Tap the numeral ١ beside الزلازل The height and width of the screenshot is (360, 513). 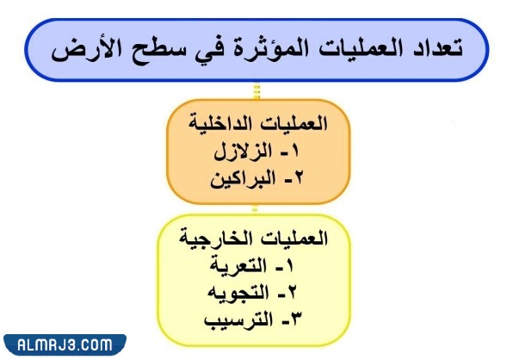tap(293, 154)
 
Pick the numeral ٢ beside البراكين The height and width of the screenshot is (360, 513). tap(293, 183)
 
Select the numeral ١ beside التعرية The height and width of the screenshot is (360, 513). tap(293, 266)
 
